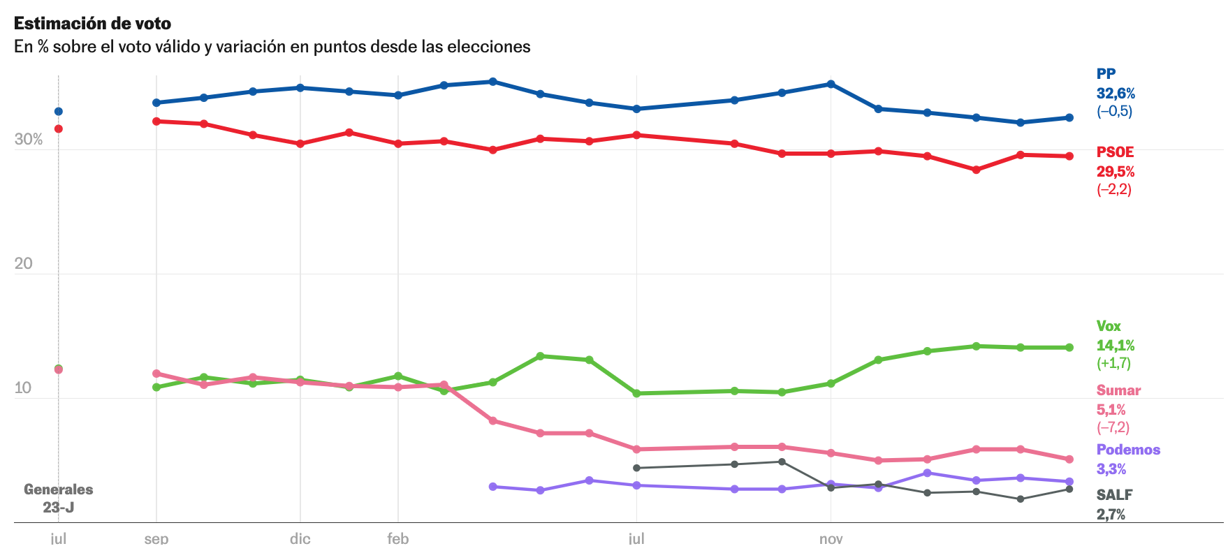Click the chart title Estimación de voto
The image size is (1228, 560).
pyautogui.click(x=92, y=24)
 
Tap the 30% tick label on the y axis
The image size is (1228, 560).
pyautogui.click(x=29, y=140)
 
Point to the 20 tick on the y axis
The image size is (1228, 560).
pyautogui.click(x=23, y=264)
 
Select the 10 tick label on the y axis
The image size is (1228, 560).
pyautogui.click(x=23, y=388)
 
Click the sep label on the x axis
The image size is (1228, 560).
pyautogui.click(x=156, y=539)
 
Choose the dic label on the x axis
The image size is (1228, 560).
pyautogui.click(x=300, y=539)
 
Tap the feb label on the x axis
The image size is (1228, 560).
pyautogui.click(x=398, y=539)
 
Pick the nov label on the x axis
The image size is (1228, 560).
pyautogui.click(x=831, y=539)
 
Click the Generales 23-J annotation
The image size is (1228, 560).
pyautogui.click(x=59, y=499)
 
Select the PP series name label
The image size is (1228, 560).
pyautogui.click(x=1106, y=74)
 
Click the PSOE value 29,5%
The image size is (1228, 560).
pyautogui.click(x=1116, y=172)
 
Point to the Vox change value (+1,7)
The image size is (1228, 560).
pyautogui.click(x=1113, y=363)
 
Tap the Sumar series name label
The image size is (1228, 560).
pyautogui.click(x=1118, y=390)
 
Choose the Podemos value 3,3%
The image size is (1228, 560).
pyautogui.click(x=1111, y=469)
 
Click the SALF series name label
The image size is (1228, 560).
pyautogui.click(x=1114, y=495)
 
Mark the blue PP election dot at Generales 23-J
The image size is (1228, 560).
pyautogui.click(x=59, y=112)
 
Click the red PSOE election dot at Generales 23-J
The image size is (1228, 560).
pyautogui.click(x=59, y=129)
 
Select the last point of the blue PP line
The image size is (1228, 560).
pyautogui.click(x=1069, y=118)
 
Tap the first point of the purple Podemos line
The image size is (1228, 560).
pyautogui.click(x=493, y=487)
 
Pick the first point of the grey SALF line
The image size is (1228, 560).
pyautogui.click(x=636, y=468)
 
